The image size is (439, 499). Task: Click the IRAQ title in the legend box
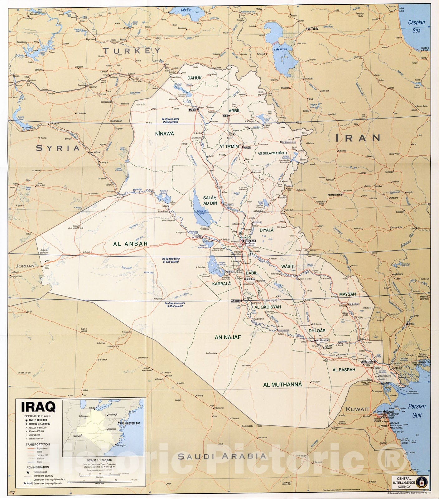point(38,407)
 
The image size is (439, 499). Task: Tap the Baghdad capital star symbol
point(243,241)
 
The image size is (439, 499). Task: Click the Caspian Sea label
point(417,26)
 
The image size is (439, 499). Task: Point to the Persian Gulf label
point(417,410)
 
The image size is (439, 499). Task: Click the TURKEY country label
point(132,50)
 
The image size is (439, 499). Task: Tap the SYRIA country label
point(58,148)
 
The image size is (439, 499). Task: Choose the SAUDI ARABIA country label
point(222,457)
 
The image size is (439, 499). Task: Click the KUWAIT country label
point(358,409)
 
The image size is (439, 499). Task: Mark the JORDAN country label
point(25,266)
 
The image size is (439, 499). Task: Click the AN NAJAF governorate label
point(228,337)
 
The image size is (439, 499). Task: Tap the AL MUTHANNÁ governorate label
point(282,385)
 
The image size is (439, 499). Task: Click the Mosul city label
point(192,110)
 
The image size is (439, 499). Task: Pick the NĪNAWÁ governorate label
point(164,133)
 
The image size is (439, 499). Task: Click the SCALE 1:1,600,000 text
point(99,460)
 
